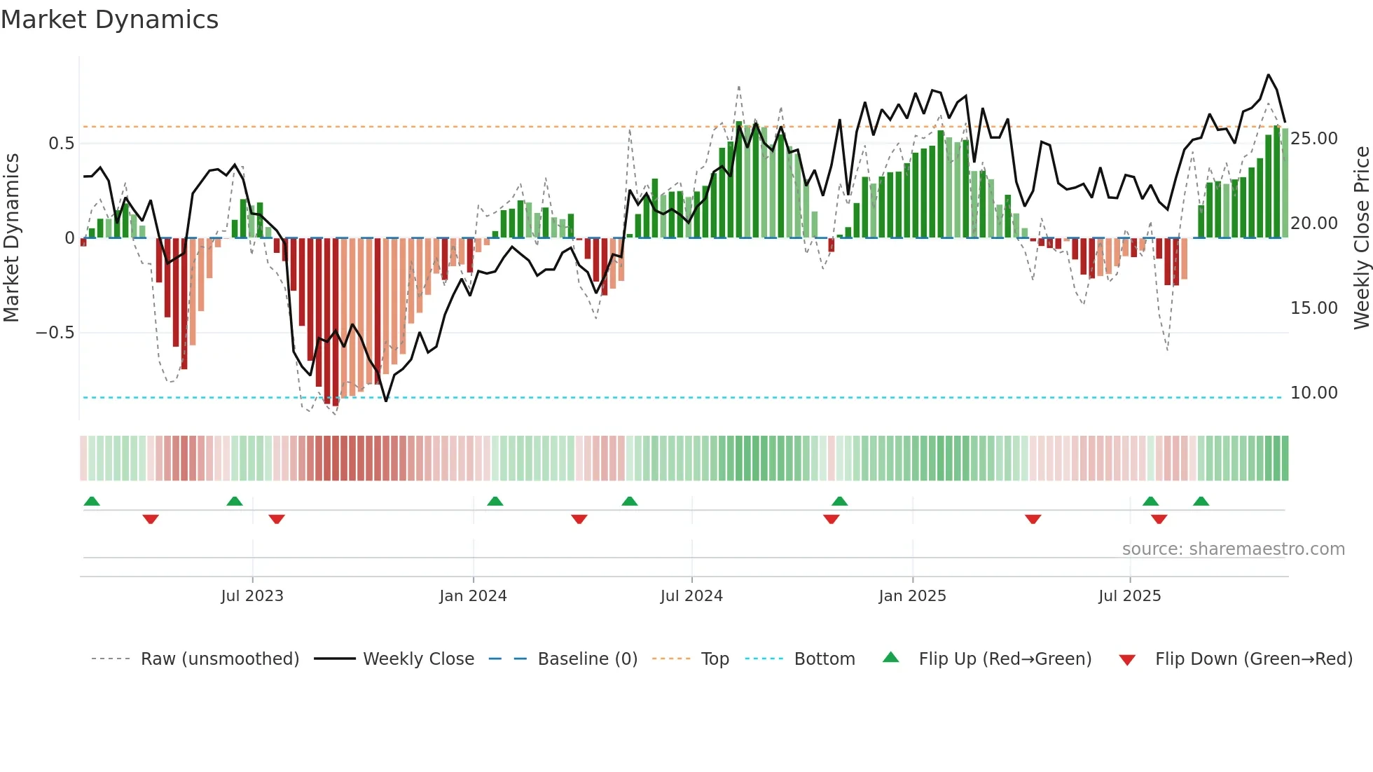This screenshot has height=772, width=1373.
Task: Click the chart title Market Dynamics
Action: click(109, 20)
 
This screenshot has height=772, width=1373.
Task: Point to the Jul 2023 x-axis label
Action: click(252, 596)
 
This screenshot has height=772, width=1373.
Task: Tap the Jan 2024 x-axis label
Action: click(473, 596)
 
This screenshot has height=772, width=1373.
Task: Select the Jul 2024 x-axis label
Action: click(691, 596)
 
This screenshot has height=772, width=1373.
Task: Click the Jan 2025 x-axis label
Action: click(912, 596)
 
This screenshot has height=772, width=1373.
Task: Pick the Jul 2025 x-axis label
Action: click(1129, 596)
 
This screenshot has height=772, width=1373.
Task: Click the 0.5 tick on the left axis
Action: click(61, 144)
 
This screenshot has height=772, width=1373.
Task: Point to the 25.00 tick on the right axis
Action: click(1313, 139)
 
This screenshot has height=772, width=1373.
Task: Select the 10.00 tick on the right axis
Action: click(1313, 393)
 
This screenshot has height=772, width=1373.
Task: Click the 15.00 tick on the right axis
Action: click(1313, 308)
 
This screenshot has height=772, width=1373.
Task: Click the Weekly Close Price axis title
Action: click(1361, 238)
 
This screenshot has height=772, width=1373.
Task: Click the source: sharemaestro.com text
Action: click(1233, 549)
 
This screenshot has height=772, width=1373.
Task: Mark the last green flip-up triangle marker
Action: click(1201, 502)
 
